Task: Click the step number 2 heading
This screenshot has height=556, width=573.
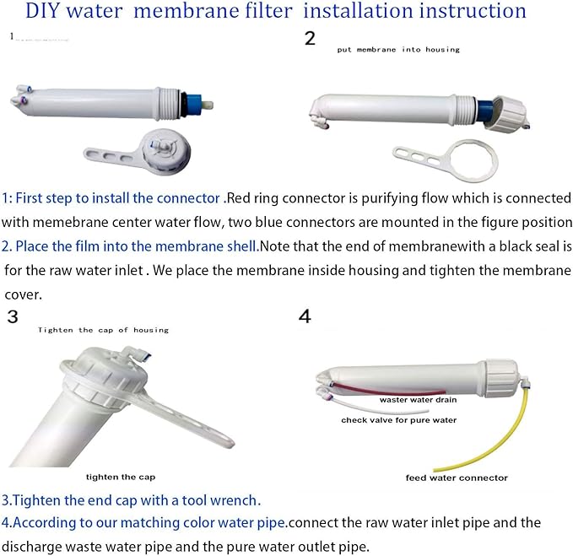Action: click(x=311, y=38)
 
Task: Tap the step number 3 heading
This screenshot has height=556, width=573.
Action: click(x=12, y=317)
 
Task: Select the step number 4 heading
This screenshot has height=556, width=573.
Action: click(x=305, y=317)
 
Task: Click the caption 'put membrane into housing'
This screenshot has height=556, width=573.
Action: click(x=398, y=50)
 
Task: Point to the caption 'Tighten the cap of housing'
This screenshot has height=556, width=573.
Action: click(x=103, y=330)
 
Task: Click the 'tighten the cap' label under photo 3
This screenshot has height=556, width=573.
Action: click(x=120, y=477)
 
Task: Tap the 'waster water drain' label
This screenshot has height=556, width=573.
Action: click(x=418, y=400)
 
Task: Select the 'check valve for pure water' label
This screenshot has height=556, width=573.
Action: click(x=399, y=419)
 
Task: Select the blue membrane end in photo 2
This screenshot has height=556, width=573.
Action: click(x=488, y=111)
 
